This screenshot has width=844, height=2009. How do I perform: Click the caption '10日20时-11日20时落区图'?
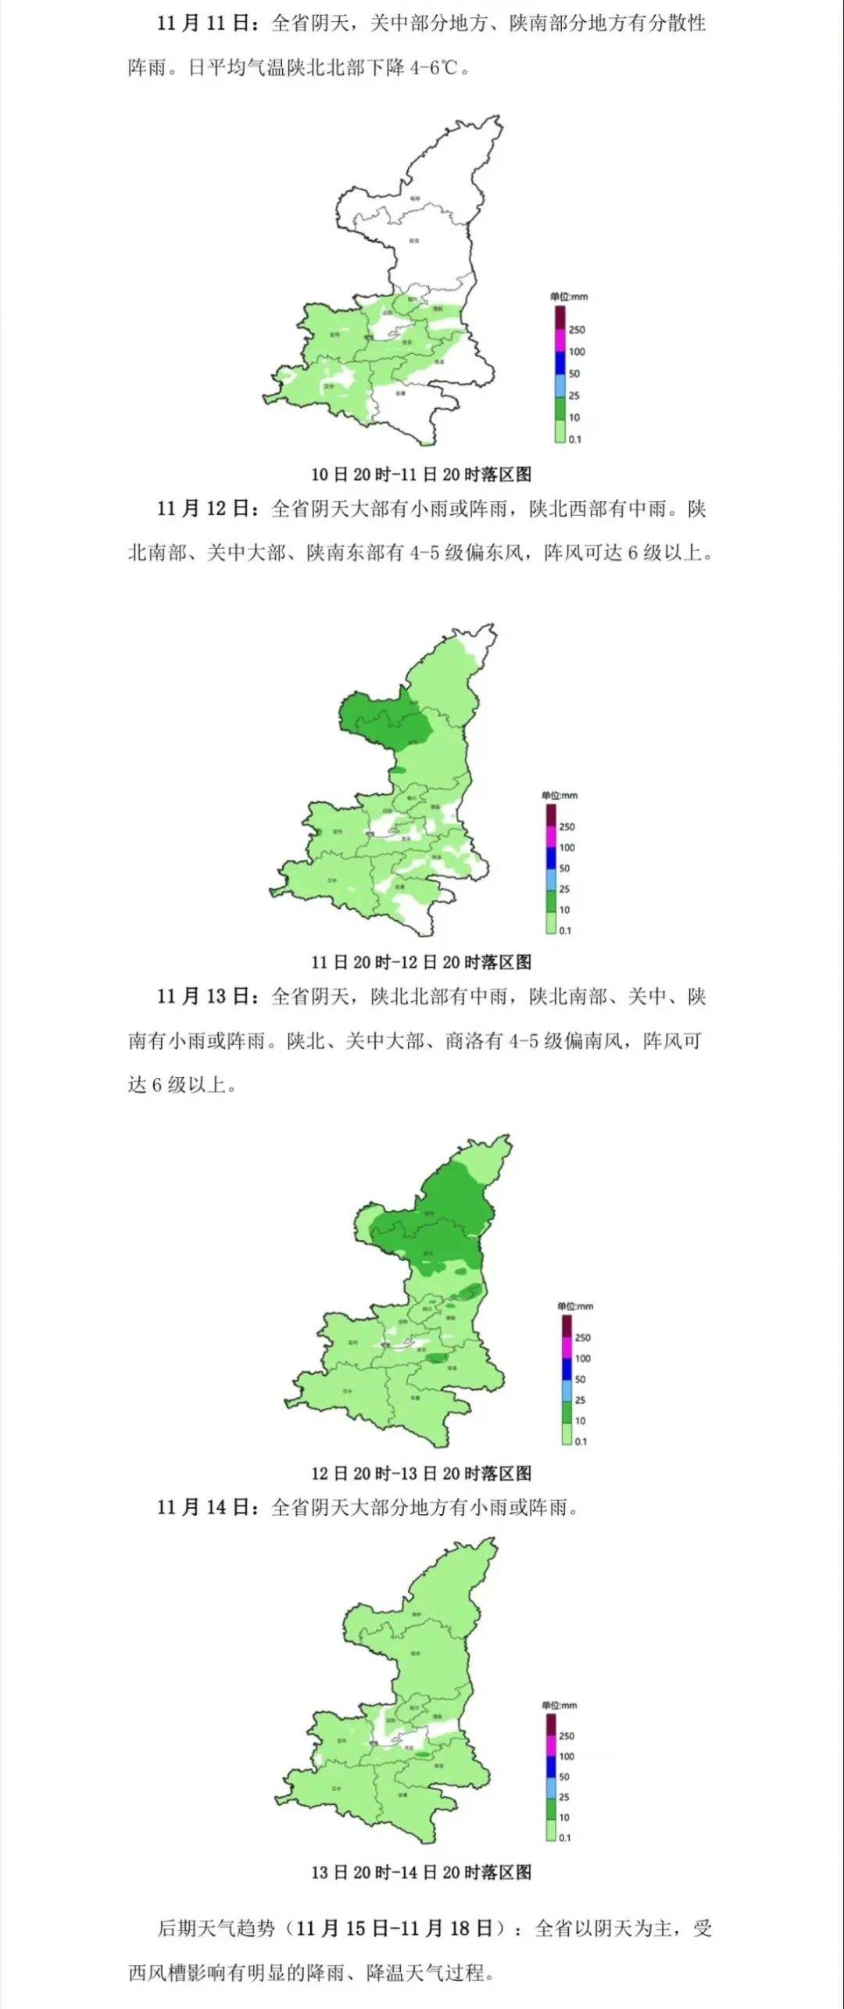(421, 474)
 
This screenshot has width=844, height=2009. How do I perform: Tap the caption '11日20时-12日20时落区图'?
(421, 962)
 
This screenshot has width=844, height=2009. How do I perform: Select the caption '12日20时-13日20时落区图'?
(421, 1473)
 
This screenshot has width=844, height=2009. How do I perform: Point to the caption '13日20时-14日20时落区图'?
(421, 1871)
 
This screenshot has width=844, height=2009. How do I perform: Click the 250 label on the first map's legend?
(577, 330)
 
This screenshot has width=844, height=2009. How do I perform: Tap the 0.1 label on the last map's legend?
(564, 1837)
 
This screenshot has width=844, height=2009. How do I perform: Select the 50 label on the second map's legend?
(564, 868)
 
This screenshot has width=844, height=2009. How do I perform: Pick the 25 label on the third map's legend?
(580, 1400)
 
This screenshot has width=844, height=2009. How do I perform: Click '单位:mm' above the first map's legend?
(569, 297)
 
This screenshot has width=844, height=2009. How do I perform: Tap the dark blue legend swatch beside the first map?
(560, 363)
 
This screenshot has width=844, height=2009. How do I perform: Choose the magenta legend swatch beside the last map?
(551, 1746)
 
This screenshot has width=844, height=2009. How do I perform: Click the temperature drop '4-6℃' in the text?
(435, 67)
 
